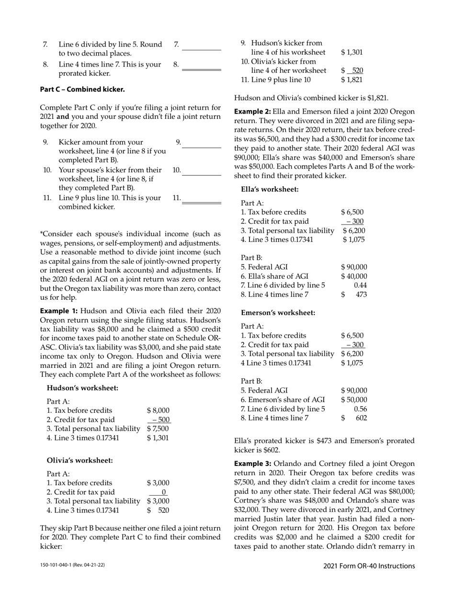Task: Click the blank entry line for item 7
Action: [x=201, y=49]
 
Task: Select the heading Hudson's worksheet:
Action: [x=82, y=388]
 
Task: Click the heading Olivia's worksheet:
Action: [x=80, y=461]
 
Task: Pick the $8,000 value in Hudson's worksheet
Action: [x=158, y=410]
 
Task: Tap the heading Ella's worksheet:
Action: [x=270, y=189]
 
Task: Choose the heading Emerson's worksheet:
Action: [x=278, y=313]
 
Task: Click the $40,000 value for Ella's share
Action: [x=354, y=276]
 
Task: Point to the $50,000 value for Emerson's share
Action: [x=354, y=399]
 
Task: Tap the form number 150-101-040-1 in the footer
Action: [x=72, y=566]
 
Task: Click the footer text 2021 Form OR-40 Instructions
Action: [x=369, y=566]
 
